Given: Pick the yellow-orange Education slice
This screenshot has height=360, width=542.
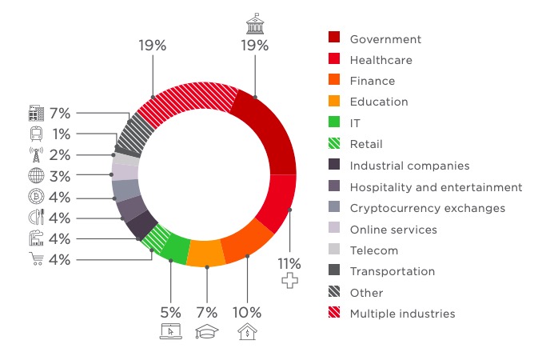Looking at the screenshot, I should click(x=206, y=252).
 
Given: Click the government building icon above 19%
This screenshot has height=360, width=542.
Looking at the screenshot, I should click(x=254, y=25).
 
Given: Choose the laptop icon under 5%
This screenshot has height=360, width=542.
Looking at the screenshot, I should click(x=170, y=330).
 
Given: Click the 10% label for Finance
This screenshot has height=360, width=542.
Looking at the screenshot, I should click(x=247, y=311).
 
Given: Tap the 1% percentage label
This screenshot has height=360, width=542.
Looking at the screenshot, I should click(x=61, y=134).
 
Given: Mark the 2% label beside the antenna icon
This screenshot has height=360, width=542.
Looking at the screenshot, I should click(x=61, y=155).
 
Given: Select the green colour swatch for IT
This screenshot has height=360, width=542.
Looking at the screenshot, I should click(x=335, y=122).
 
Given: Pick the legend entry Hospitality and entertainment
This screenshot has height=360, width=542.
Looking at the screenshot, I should click(x=436, y=187).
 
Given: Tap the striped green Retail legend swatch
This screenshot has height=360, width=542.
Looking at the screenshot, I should click(x=335, y=144).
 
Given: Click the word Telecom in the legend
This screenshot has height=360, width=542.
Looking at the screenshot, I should click(x=373, y=250).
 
